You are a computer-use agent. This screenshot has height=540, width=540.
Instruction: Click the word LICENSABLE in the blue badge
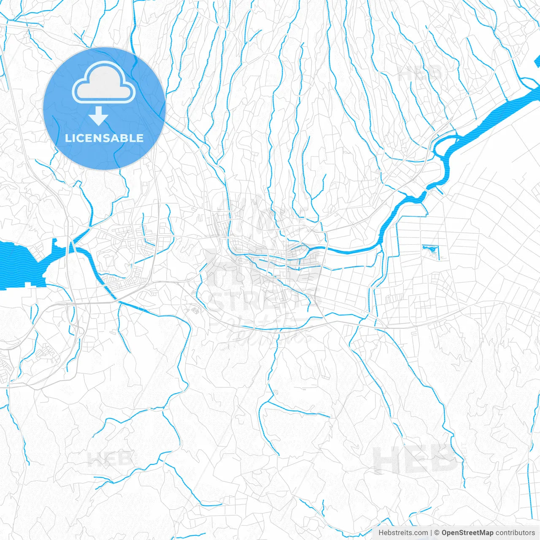[104, 138]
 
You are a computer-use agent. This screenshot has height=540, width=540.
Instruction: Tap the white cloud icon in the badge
[104, 83]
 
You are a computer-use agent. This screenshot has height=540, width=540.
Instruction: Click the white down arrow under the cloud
[99, 116]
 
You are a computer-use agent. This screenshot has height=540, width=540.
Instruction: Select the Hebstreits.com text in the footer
[403, 533]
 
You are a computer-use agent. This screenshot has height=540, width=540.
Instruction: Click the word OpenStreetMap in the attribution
[467, 533]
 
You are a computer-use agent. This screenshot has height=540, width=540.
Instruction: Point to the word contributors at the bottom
[515, 533]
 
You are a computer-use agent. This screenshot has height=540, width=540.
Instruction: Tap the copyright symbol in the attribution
[437, 533]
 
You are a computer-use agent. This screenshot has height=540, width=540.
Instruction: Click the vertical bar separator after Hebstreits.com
[431, 533]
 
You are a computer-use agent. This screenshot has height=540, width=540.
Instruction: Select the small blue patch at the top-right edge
[537, 62]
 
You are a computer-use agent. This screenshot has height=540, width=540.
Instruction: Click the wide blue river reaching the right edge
[506, 110]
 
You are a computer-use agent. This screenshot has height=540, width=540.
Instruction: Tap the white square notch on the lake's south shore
[28, 285]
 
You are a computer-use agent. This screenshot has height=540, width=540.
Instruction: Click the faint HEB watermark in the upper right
[419, 73]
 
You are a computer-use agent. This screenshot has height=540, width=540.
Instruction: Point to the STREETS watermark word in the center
[264, 300]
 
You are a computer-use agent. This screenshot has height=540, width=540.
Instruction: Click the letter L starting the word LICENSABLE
[68, 138]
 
